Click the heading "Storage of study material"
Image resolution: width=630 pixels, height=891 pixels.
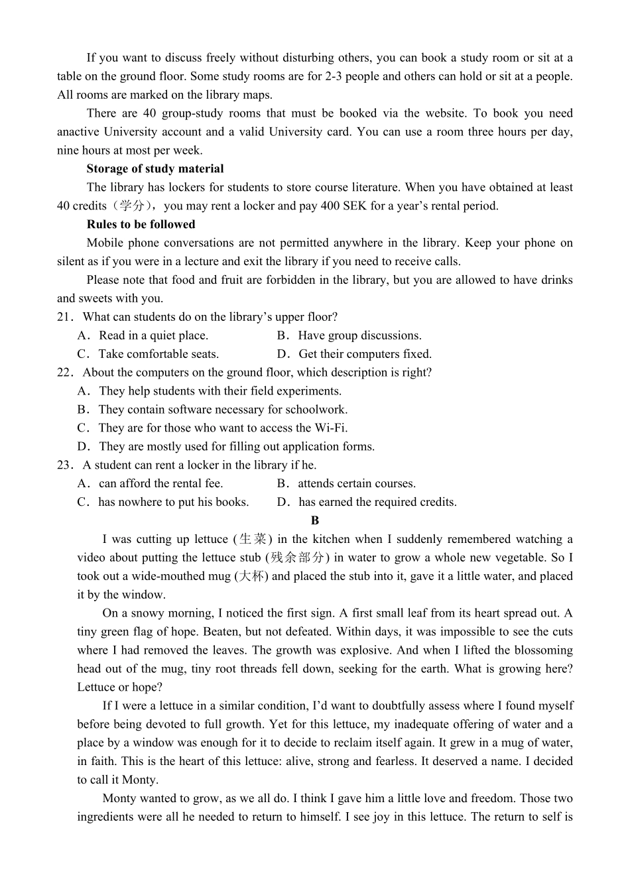click(155, 169)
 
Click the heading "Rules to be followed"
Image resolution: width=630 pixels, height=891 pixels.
click(141, 225)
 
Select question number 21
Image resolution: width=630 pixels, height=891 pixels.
click(65, 318)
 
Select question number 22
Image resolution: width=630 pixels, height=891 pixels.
click(65, 373)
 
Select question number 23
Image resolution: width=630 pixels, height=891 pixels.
click(65, 465)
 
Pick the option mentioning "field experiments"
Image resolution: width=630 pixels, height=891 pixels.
click(220, 392)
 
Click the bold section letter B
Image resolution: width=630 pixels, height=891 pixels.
click(315, 521)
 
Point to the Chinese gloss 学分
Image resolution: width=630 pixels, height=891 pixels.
click(132, 206)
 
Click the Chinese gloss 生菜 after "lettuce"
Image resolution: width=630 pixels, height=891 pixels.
click(253, 540)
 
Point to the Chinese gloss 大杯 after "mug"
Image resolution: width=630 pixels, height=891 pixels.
click(251, 577)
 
